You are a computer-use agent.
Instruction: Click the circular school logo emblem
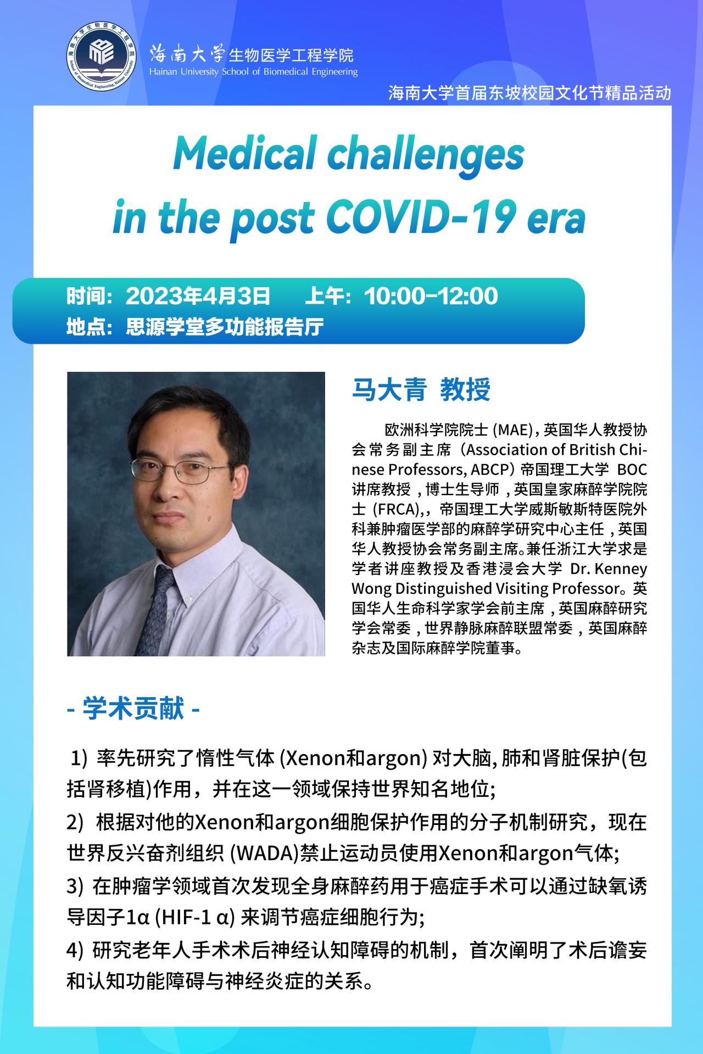(102, 56)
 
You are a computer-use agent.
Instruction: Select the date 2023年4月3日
(198, 296)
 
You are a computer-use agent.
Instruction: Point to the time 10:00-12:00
(431, 296)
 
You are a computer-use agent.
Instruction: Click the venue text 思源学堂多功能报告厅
(225, 327)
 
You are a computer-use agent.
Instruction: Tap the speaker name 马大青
(389, 390)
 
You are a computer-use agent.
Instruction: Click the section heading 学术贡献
(133, 709)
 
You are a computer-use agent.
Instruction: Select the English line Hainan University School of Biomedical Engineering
(253, 72)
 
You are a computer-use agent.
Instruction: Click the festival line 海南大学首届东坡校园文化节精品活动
(529, 93)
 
